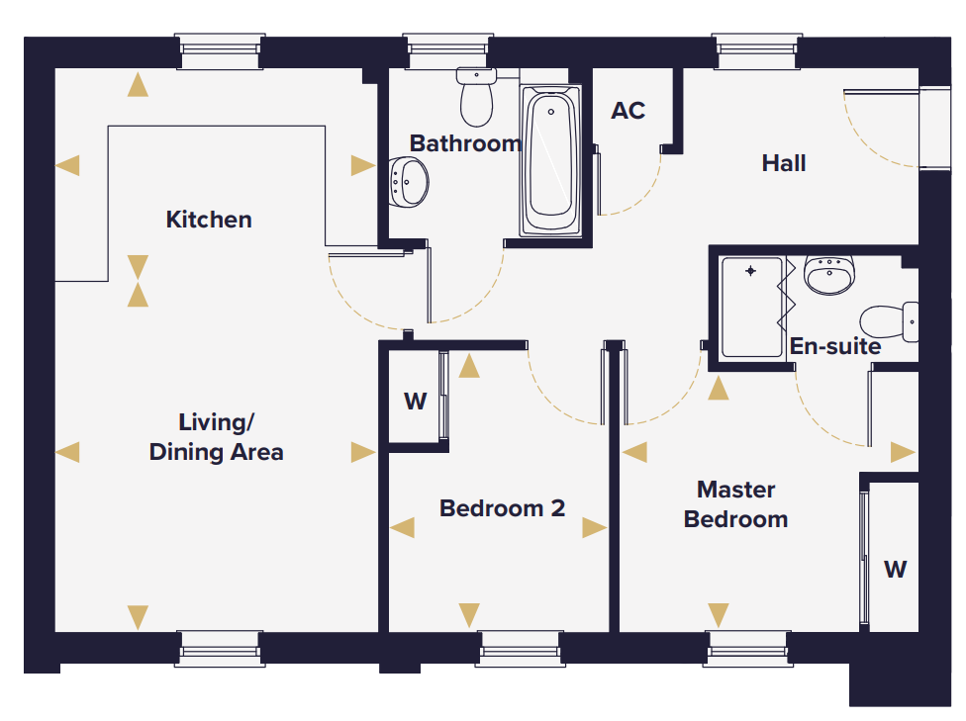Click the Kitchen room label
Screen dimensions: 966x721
tap(209, 220)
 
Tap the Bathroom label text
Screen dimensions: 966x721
tap(465, 143)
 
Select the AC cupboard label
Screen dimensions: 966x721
tap(628, 111)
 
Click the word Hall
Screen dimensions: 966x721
tap(784, 163)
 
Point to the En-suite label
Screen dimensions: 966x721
tap(835, 346)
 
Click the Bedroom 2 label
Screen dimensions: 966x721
tap(502, 508)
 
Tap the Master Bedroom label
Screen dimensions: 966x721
tap(736, 504)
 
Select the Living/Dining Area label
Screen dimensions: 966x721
tap(216, 437)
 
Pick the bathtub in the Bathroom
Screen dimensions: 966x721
tap(550, 160)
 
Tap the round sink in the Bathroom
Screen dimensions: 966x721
tap(409, 182)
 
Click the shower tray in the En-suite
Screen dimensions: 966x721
tap(751, 308)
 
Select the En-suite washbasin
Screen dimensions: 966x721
tap(829, 275)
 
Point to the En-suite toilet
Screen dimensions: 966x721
tap(889, 322)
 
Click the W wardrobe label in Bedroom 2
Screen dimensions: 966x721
tap(416, 402)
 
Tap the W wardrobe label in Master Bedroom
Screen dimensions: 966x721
tap(895, 570)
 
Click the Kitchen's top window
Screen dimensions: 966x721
tap(220, 51)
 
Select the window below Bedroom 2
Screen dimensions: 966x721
tap(520, 649)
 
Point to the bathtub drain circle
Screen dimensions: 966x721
tap(550, 112)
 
